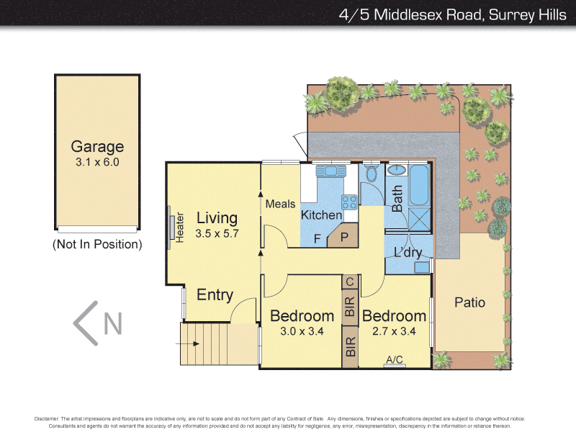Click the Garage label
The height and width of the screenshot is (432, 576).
point(96,147)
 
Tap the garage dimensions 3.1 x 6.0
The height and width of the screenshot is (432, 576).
point(96,163)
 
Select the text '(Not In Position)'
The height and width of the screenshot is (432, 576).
point(97,244)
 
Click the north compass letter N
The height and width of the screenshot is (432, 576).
point(112,323)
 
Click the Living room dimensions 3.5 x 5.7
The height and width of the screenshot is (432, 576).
point(216,233)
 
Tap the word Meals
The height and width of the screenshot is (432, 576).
point(280,204)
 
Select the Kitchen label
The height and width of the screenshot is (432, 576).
point(321,215)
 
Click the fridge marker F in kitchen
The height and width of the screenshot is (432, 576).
point(316,238)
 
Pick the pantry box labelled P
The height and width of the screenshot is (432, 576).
point(344,237)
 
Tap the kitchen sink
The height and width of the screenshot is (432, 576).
point(331,171)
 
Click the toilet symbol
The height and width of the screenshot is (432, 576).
point(372,173)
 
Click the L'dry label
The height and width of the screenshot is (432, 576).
point(408,253)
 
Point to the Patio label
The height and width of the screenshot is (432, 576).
point(469,302)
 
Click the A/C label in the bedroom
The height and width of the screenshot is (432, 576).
point(394,359)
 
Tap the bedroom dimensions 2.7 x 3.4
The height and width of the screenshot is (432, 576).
point(393,332)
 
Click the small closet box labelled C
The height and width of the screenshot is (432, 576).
point(350,282)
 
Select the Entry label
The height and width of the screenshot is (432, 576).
point(215,294)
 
